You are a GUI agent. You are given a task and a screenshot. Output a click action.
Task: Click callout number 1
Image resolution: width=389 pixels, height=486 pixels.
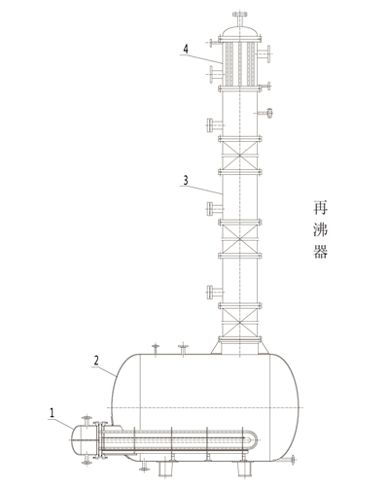[52, 412]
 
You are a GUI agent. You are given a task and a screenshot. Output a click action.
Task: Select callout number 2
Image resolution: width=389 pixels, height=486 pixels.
[96, 361]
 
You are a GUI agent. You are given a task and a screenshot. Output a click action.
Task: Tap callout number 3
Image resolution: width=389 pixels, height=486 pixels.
[186, 180]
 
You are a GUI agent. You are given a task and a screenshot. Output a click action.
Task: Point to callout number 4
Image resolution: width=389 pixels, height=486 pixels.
[186, 49]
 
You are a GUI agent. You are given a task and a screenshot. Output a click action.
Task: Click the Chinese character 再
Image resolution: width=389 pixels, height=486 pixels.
[320, 208]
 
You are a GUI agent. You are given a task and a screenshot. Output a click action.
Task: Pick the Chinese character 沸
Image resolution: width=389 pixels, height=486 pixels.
[320, 229]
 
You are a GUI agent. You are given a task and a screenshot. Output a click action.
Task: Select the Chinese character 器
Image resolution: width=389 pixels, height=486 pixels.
[320, 251]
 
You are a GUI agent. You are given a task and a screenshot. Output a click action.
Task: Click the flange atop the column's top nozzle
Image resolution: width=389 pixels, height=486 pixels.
[239, 14]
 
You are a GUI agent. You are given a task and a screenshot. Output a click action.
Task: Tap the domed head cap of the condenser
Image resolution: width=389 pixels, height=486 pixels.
[239, 32]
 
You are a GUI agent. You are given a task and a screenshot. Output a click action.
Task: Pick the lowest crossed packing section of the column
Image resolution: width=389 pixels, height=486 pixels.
[239, 323]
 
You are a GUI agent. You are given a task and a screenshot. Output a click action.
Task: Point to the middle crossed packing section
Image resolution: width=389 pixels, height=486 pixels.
[239, 239]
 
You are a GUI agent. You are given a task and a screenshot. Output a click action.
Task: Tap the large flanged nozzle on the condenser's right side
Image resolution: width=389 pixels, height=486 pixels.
[265, 53]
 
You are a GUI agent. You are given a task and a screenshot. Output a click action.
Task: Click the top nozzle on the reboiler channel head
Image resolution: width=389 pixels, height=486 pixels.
[87, 420]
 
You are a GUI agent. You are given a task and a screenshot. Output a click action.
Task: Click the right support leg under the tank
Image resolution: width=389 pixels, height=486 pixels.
[244, 469]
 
